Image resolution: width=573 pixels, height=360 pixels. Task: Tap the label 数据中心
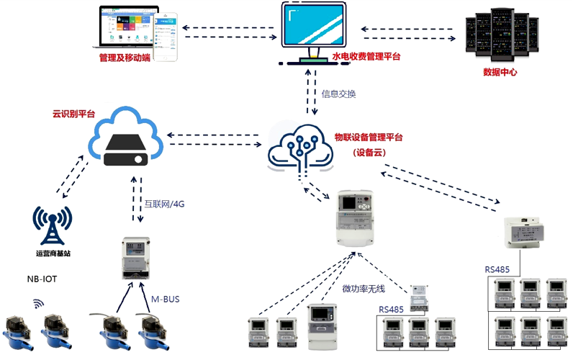point(500,72)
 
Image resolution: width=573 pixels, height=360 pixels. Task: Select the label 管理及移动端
point(125,57)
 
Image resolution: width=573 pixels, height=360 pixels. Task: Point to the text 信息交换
point(338,94)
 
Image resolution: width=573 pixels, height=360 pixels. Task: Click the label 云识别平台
point(73,114)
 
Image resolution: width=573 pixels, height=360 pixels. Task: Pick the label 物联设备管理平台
point(369,137)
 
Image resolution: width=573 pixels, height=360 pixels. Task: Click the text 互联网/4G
point(165,204)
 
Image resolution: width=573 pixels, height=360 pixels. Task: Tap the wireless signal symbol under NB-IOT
point(40,305)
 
